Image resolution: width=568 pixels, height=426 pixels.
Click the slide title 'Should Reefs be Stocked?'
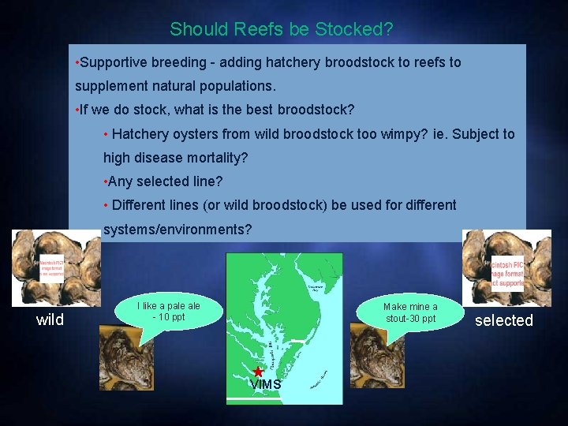(282, 29)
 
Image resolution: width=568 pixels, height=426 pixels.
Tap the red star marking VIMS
(258, 371)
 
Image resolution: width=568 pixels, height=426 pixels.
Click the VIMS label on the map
(266, 384)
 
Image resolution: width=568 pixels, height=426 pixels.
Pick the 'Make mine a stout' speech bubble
(409, 312)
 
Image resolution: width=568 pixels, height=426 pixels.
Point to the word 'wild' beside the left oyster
(50, 319)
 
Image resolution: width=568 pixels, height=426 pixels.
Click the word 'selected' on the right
(504, 319)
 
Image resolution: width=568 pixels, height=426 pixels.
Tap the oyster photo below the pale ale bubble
(126, 357)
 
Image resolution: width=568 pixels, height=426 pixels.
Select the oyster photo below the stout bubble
(377, 357)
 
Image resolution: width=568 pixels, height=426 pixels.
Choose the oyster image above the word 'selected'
(506, 267)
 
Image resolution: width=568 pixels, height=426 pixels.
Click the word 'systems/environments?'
(178, 230)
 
